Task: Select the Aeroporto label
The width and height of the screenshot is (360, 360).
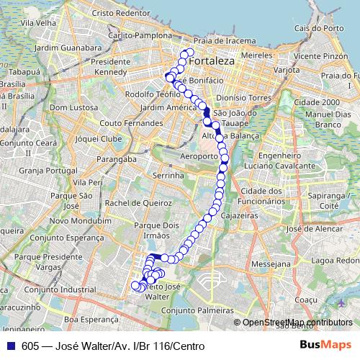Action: tap(199, 156)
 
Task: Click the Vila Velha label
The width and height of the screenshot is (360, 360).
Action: tap(38, 22)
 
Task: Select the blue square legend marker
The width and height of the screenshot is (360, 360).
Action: tap(11, 346)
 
